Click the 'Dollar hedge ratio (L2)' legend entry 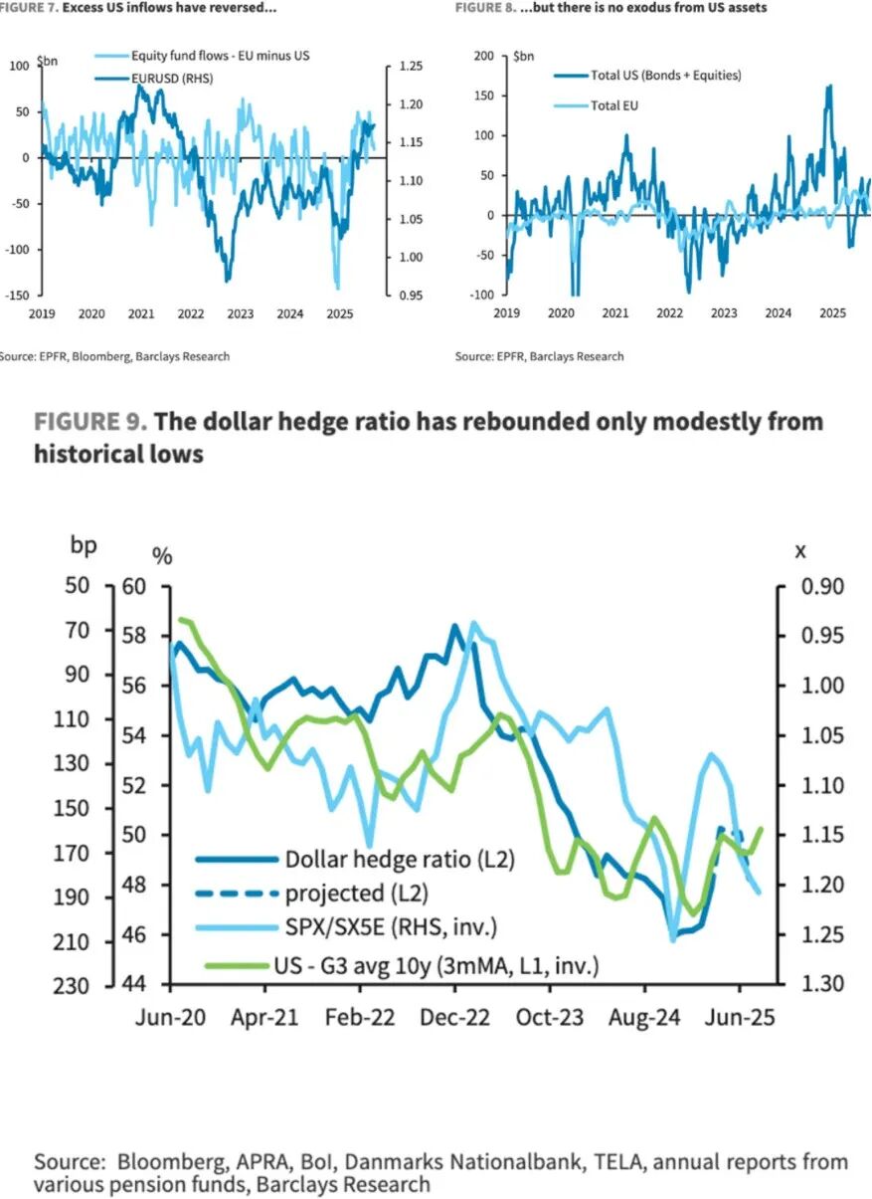[399, 858]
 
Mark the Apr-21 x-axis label [265, 1018]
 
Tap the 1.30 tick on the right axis [822, 984]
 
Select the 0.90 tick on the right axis [822, 586]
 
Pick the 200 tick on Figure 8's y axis [483, 56]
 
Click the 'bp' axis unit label [84, 545]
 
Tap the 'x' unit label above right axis [800, 550]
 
